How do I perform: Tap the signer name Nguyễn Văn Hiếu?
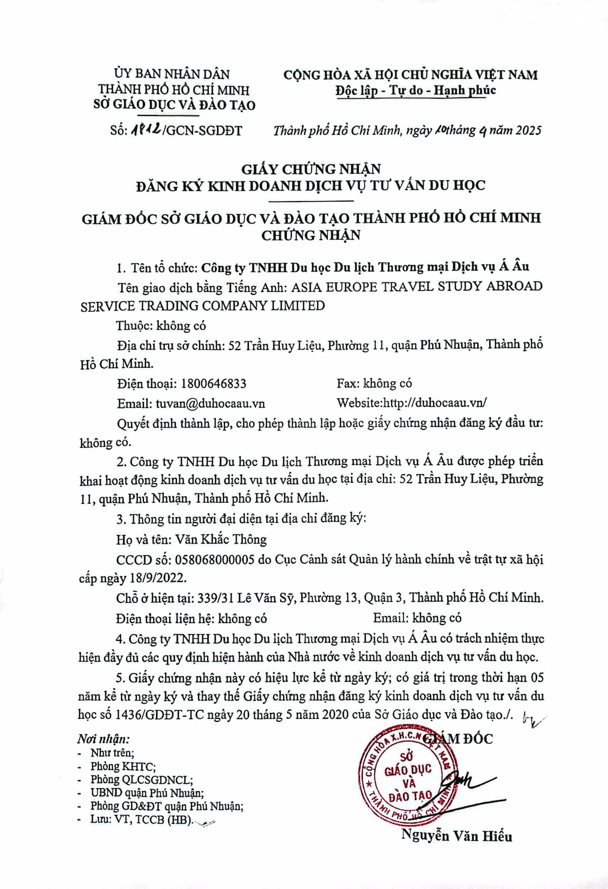point(457,836)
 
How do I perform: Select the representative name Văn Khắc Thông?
point(221,539)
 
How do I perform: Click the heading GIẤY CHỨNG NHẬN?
point(311,168)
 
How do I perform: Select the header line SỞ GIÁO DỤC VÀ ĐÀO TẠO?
point(175,105)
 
